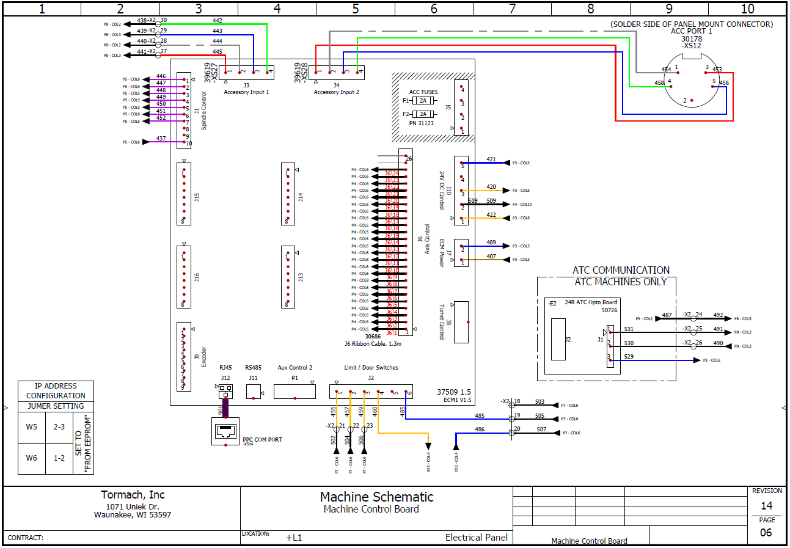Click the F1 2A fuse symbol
pyautogui.click(x=423, y=100)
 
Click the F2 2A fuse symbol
pyautogui.click(x=423, y=114)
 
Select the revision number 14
pyautogui.click(x=766, y=506)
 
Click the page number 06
pyautogui.click(x=766, y=532)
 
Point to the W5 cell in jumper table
pyautogui.click(x=32, y=427)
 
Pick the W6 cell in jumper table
pyautogui.click(x=32, y=458)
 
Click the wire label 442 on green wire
pyautogui.click(x=218, y=21)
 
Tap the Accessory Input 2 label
pyautogui.click(x=336, y=92)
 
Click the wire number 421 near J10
pyautogui.click(x=491, y=159)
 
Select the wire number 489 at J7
pyautogui.click(x=491, y=243)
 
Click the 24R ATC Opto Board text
pyautogui.click(x=591, y=302)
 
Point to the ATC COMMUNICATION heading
pyautogui.click(x=621, y=270)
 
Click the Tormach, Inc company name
pyautogui.click(x=133, y=495)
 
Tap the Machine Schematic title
pyautogui.click(x=376, y=497)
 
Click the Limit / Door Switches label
pyautogui.click(x=371, y=367)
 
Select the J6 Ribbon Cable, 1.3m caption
pyautogui.click(x=373, y=343)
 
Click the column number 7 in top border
pyautogui.click(x=512, y=9)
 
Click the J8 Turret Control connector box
pyautogui.click(x=461, y=322)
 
